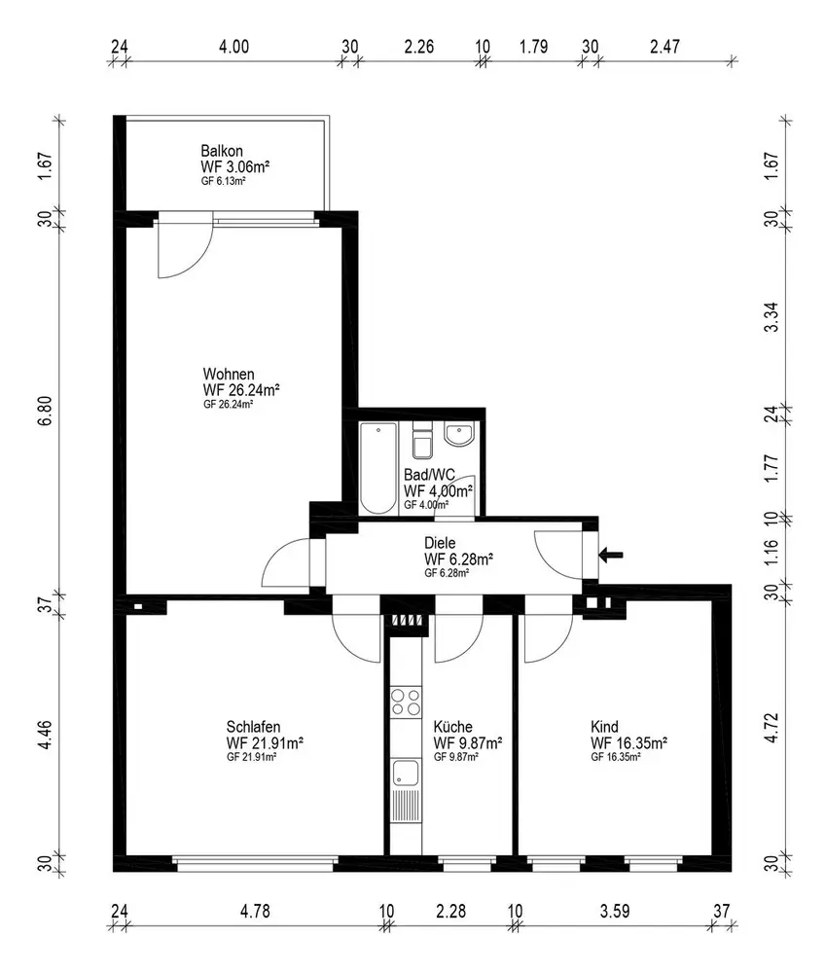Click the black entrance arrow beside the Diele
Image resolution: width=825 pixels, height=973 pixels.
click(611, 556)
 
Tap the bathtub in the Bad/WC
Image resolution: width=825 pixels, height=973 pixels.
click(378, 469)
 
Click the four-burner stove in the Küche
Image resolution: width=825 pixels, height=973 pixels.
click(406, 702)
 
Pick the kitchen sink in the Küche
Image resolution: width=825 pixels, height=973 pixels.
click(406, 774)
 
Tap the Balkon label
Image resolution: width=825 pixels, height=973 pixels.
click(222, 151)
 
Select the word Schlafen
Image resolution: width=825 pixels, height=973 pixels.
click(253, 727)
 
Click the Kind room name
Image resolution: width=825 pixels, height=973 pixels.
click(604, 727)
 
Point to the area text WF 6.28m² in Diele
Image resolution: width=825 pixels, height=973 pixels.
click(458, 559)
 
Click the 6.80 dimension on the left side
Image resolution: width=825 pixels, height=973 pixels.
click(46, 412)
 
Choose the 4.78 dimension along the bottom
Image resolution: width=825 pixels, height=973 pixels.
click(255, 911)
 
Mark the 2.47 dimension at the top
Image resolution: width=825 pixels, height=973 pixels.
click(664, 47)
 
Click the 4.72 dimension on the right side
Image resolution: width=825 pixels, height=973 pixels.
click(771, 727)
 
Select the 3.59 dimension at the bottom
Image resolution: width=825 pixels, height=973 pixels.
click(615, 911)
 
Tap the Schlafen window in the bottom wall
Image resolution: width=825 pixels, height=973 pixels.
click(255, 862)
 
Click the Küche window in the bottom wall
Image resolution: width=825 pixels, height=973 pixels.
click(467, 862)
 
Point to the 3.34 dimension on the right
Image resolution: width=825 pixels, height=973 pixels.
click(771, 317)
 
